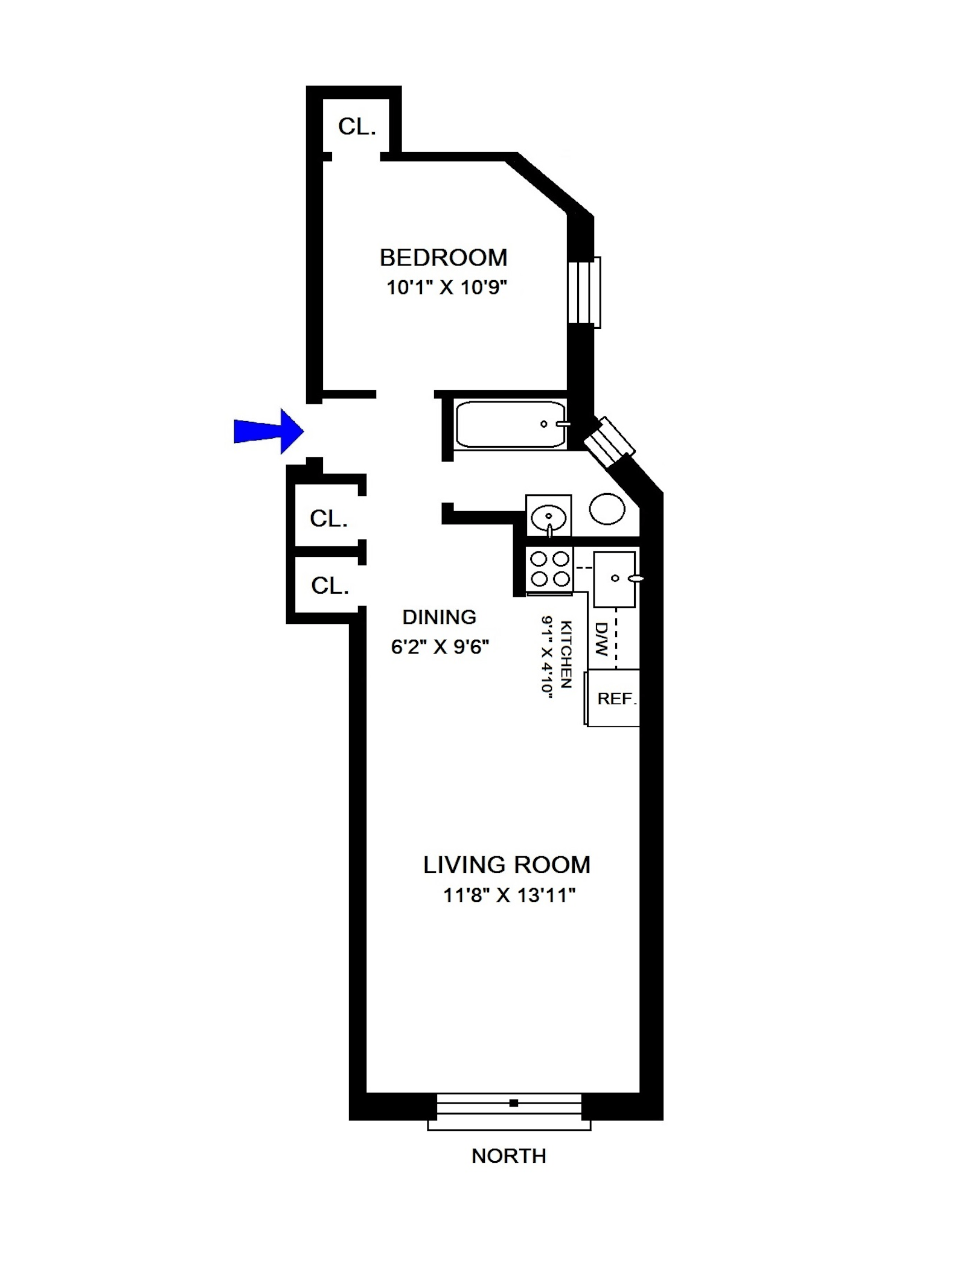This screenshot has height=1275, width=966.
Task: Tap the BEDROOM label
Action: (x=443, y=258)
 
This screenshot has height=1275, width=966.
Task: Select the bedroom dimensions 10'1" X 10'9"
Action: (x=446, y=287)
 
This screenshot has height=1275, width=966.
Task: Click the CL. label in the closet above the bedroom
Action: (x=357, y=127)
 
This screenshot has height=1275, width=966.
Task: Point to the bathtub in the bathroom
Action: (x=510, y=424)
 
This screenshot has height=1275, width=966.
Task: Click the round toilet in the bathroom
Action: (x=607, y=508)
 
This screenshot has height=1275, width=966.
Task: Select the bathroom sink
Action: (x=548, y=517)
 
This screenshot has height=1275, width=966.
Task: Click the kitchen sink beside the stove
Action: (x=614, y=579)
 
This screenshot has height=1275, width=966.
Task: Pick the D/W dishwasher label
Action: (x=601, y=639)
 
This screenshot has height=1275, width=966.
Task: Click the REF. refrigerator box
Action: (x=615, y=698)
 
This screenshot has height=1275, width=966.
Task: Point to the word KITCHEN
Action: (x=566, y=654)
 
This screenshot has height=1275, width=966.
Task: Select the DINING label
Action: (x=439, y=617)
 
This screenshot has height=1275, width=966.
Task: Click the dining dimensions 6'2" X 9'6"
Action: (x=440, y=647)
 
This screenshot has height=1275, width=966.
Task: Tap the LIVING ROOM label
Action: (x=507, y=865)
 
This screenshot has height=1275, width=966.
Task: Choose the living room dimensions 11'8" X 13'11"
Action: (x=509, y=895)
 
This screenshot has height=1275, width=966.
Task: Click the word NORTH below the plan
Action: (x=508, y=1156)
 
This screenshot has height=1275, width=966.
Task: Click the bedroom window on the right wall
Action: (x=584, y=293)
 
